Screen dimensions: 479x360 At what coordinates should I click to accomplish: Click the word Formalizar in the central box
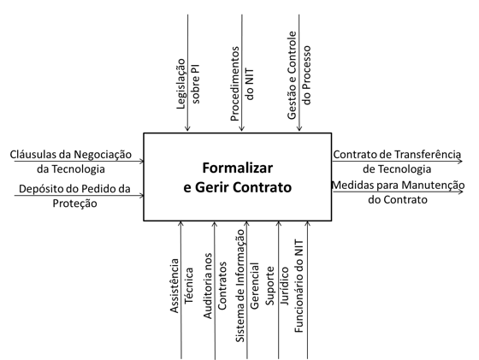(x=238, y=168)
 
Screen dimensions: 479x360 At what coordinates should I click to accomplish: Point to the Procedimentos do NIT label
(x=242, y=84)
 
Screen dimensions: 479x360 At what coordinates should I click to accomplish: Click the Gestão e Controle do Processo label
(x=299, y=75)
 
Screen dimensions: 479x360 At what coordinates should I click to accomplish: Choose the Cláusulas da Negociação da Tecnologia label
(x=71, y=162)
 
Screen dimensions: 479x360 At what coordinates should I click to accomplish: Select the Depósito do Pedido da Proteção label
(x=74, y=196)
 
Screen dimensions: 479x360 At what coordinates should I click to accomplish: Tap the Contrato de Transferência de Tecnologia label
(x=397, y=162)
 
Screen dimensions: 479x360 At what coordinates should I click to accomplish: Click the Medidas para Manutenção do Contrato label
(x=398, y=192)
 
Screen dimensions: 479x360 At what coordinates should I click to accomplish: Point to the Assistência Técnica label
(x=181, y=286)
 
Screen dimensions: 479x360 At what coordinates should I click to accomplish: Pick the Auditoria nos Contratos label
(x=215, y=286)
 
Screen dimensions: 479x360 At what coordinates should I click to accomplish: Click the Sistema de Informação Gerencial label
(x=247, y=286)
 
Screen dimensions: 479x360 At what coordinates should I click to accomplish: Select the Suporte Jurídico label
(x=278, y=286)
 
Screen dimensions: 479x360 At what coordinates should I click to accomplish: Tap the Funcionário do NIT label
(x=299, y=286)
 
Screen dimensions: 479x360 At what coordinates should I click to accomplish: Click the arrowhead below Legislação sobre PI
(x=187, y=128)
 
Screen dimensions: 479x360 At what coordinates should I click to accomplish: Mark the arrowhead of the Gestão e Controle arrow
(x=299, y=128)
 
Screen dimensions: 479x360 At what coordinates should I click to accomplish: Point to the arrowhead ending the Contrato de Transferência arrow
(x=460, y=161)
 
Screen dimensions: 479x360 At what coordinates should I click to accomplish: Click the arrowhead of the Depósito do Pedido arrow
(x=141, y=195)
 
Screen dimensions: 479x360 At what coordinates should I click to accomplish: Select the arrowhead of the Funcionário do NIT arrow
(x=308, y=224)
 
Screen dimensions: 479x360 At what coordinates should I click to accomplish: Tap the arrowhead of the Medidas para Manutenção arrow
(x=460, y=192)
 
